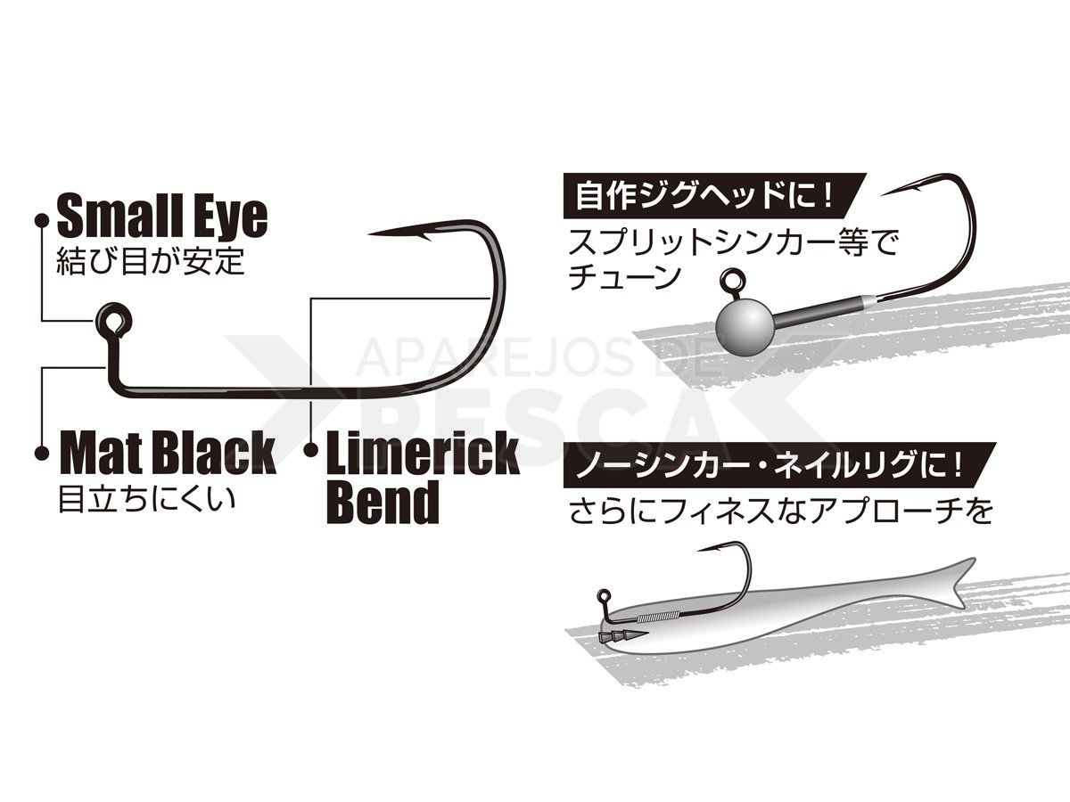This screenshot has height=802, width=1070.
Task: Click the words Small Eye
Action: click(x=162, y=216)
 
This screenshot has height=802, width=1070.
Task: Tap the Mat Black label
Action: click(x=169, y=453)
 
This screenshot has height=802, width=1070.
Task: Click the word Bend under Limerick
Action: click(x=383, y=502)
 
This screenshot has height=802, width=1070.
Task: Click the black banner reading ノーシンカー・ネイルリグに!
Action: click(x=773, y=465)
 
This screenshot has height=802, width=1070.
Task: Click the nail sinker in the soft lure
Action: click(x=622, y=636)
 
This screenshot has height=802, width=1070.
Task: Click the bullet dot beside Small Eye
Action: click(x=42, y=221)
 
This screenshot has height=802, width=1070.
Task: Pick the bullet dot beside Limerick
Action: click(x=310, y=451)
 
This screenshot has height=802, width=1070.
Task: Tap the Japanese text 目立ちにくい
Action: click(x=146, y=499)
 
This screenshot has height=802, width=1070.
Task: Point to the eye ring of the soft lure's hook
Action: click(x=604, y=595)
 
